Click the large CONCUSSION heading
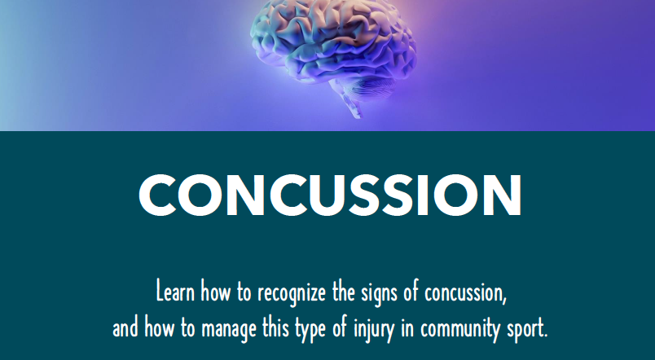click(x=330, y=195)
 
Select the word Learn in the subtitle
click(x=175, y=291)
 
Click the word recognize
click(x=292, y=292)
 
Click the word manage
click(x=230, y=330)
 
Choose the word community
click(x=460, y=330)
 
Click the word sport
click(x=527, y=330)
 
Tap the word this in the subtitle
click(x=275, y=327)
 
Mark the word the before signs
click(x=344, y=291)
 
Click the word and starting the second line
click(x=125, y=327)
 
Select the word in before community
click(x=407, y=327)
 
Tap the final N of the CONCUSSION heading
click(x=503, y=195)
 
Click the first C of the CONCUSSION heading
click(x=157, y=195)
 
